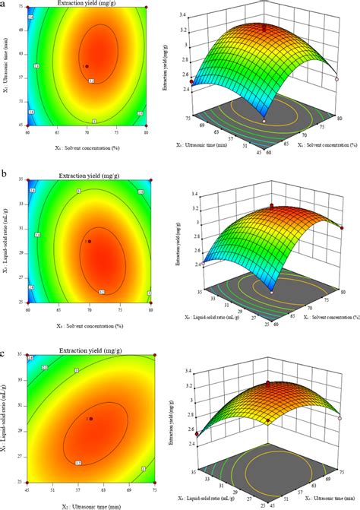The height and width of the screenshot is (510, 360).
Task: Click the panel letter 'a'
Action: (5, 5)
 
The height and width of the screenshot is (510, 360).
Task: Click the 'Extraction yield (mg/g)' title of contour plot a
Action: (90, 5)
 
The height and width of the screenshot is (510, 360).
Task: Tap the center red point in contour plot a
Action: (87, 65)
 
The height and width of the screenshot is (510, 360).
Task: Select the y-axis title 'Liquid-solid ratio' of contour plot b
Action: (13, 241)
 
